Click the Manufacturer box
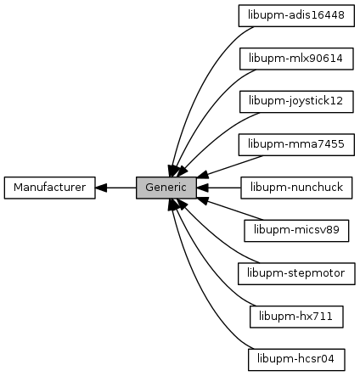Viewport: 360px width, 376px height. tap(50, 188)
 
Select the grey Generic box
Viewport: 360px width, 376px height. tap(166, 188)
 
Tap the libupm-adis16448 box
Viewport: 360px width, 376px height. tap(296, 15)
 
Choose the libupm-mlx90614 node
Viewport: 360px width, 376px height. tap(296, 59)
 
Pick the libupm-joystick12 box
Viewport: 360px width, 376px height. tap(296, 102)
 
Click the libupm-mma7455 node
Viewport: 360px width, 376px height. tap(296, 144)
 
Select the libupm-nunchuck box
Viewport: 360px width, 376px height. tap(296, 188)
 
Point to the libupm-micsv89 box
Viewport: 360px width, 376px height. tap(296, 231)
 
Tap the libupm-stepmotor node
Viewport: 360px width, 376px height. tap(296, 273)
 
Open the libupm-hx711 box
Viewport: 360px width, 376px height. tap(296, 317)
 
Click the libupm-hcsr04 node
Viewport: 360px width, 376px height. tap(296, 360)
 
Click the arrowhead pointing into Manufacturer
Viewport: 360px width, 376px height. tap(101, 188)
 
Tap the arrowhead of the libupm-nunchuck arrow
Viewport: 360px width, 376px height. tap(202, 188)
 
